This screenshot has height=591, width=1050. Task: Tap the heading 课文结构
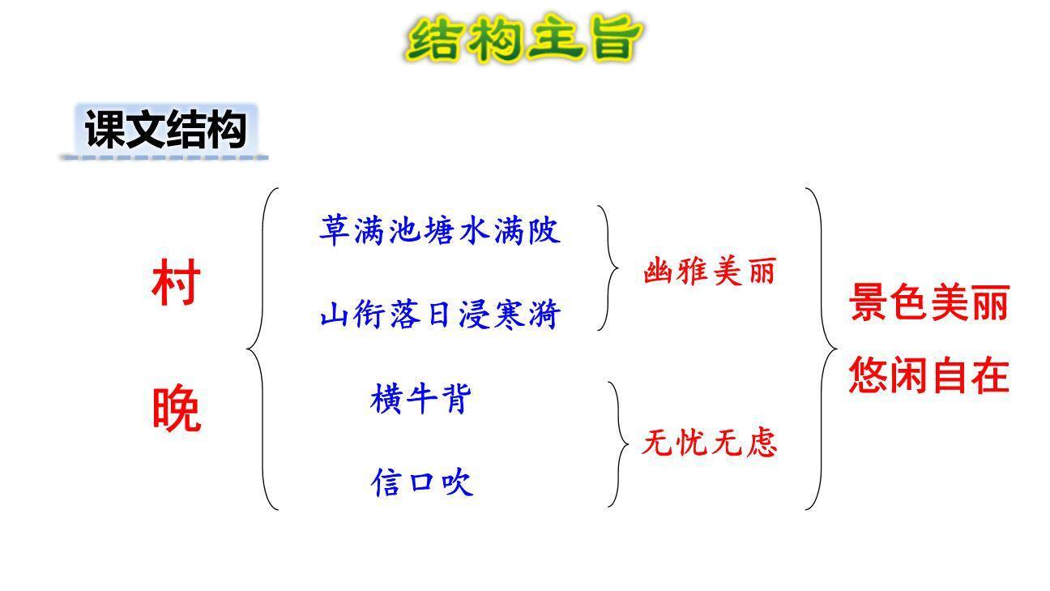coord(165,130)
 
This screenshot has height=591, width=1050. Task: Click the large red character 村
coord(176,283)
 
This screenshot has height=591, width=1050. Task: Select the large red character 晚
coord(176,409)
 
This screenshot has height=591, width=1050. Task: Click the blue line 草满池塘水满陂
coord(440,230)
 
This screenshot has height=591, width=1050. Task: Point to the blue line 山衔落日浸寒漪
coord(440,315)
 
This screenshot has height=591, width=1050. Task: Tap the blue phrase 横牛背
coord(420,399)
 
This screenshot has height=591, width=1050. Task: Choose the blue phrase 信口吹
coord(421,483)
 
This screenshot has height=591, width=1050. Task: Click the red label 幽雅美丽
coord(709,271)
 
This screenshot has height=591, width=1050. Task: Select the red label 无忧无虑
coord(709,443)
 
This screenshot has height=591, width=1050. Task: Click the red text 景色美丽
coord(928,304)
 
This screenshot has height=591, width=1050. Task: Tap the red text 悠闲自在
coord(928,375)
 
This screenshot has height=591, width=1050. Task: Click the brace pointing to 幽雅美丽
coord(608,268)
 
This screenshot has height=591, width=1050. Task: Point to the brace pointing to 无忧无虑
coord(619,443)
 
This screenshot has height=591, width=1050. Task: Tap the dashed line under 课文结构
coord(164,157)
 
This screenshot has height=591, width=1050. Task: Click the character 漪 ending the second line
coord(544,315)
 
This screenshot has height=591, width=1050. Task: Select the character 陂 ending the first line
coord(544,230)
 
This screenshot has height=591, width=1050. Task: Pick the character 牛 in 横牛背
coord(420,399)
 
